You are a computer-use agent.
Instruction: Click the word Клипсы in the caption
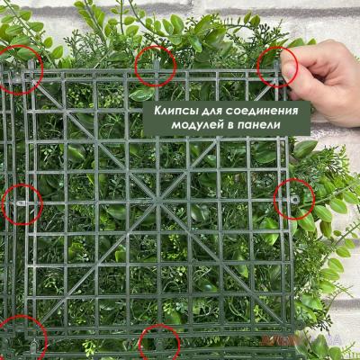[x=174, y=111]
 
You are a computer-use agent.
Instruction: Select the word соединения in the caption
[x=262, y=111]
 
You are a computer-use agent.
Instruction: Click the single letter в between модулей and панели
[x=230, y=125]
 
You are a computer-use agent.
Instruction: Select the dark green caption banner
[x=227, y=118]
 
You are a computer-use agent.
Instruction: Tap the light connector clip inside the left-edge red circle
[x=21, y=203]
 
